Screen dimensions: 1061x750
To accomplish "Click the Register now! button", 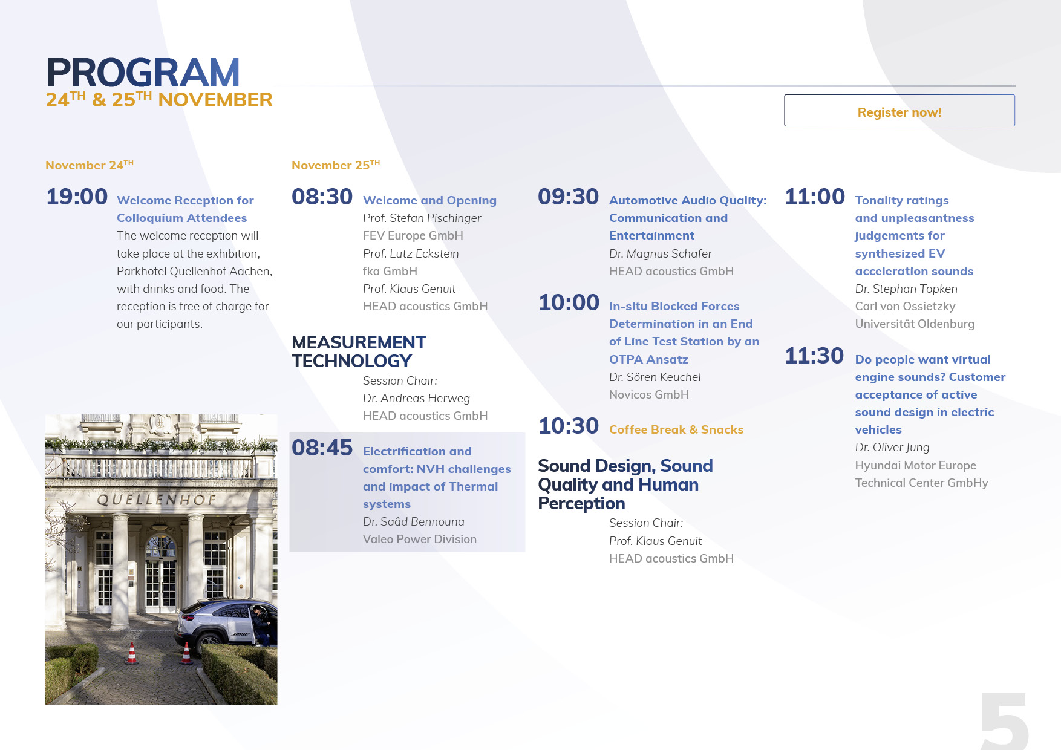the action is [899, 111].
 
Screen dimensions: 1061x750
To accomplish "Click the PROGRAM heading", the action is [143, 73].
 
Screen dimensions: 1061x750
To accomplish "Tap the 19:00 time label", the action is [77, 197].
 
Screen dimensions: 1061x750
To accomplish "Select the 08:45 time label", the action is [322, 448].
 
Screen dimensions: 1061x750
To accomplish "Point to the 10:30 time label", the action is [569, 426].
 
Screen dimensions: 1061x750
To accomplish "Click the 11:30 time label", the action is [814, 356].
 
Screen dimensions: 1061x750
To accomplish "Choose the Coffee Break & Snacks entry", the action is [676, 429].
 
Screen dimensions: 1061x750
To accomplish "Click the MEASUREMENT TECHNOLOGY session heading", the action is [359, 351].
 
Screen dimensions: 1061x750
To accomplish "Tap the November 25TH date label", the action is [336, 165].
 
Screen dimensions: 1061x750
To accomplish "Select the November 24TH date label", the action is [90, 165].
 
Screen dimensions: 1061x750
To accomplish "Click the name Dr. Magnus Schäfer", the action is [661, 253].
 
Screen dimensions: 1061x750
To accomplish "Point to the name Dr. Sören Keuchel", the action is [655, 377].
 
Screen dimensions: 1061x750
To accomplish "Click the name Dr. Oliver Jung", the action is [892, 448].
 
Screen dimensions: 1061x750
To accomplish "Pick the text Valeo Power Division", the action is [420, 539].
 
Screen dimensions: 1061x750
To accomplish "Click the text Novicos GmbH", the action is [649, 394].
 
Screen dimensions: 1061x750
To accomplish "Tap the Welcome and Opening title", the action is [429, 200].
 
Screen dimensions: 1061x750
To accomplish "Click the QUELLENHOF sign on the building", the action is [157, 500].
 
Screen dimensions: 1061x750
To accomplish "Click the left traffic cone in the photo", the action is [131, 653].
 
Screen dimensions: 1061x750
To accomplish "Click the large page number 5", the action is [1004, 721].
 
